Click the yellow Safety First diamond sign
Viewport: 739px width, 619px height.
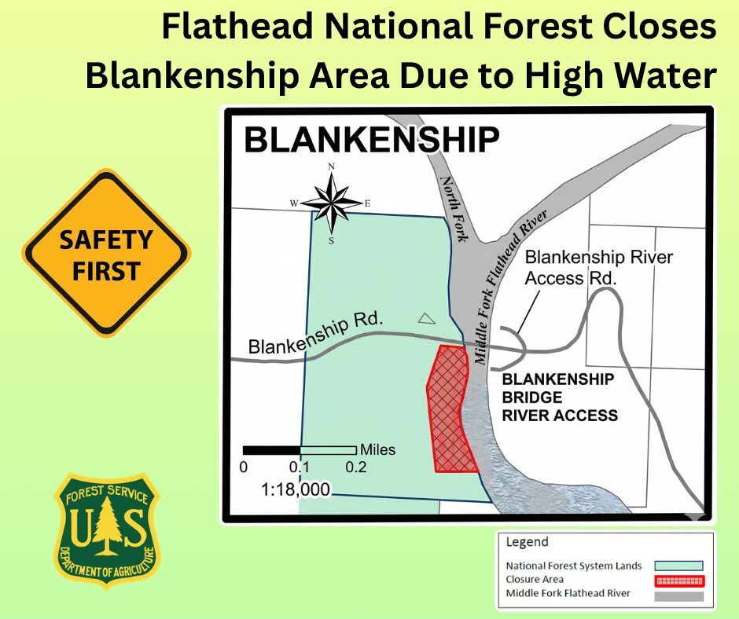pos(107,254)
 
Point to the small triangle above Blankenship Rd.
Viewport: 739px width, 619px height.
pos(426,318)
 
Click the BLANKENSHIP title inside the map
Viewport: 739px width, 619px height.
pos(371,141)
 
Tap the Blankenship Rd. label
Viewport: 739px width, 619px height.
pos(316,335)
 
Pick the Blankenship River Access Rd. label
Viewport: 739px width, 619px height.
pos(598,267)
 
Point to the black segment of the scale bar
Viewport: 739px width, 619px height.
pos(271,450)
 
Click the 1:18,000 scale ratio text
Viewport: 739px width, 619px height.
pos(296,489)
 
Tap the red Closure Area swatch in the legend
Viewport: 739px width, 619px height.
pos(680,581)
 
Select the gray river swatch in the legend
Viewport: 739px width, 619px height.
pos(680,595)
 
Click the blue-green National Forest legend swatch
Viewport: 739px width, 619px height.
pos(680,565)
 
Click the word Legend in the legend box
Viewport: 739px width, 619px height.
pos(527,542)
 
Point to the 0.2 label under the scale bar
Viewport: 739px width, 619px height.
pos(356,467)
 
